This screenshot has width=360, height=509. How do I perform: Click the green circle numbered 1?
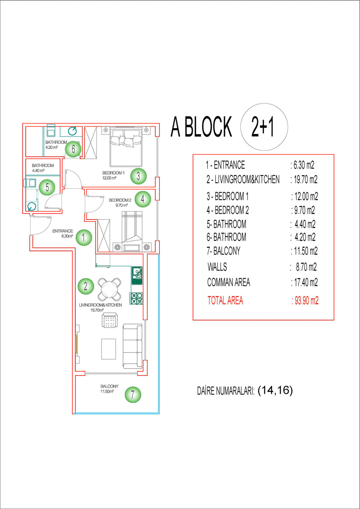[84, 238]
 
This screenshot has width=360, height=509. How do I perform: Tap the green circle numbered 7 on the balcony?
[133, 394]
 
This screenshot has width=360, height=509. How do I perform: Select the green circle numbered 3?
[138, 176]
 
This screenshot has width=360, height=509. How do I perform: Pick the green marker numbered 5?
[47, 187]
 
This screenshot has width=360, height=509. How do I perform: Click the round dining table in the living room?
[110, 289]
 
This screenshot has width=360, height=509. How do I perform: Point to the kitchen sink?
[137, 275]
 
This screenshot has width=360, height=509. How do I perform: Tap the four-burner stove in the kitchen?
[136, 298]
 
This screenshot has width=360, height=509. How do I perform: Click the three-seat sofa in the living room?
[132, 346]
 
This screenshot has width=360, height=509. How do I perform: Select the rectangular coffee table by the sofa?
[109, 349]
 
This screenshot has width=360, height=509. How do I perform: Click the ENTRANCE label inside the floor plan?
[62, 231]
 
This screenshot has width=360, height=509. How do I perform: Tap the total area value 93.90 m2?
[305, 301]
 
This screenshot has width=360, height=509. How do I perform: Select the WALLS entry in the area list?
[217, 267]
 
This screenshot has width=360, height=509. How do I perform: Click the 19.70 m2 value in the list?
[304, 179]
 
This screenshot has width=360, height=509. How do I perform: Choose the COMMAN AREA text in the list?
[228, 282]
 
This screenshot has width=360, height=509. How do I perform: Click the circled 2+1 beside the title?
[264, 127]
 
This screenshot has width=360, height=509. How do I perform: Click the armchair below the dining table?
[110, 320]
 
